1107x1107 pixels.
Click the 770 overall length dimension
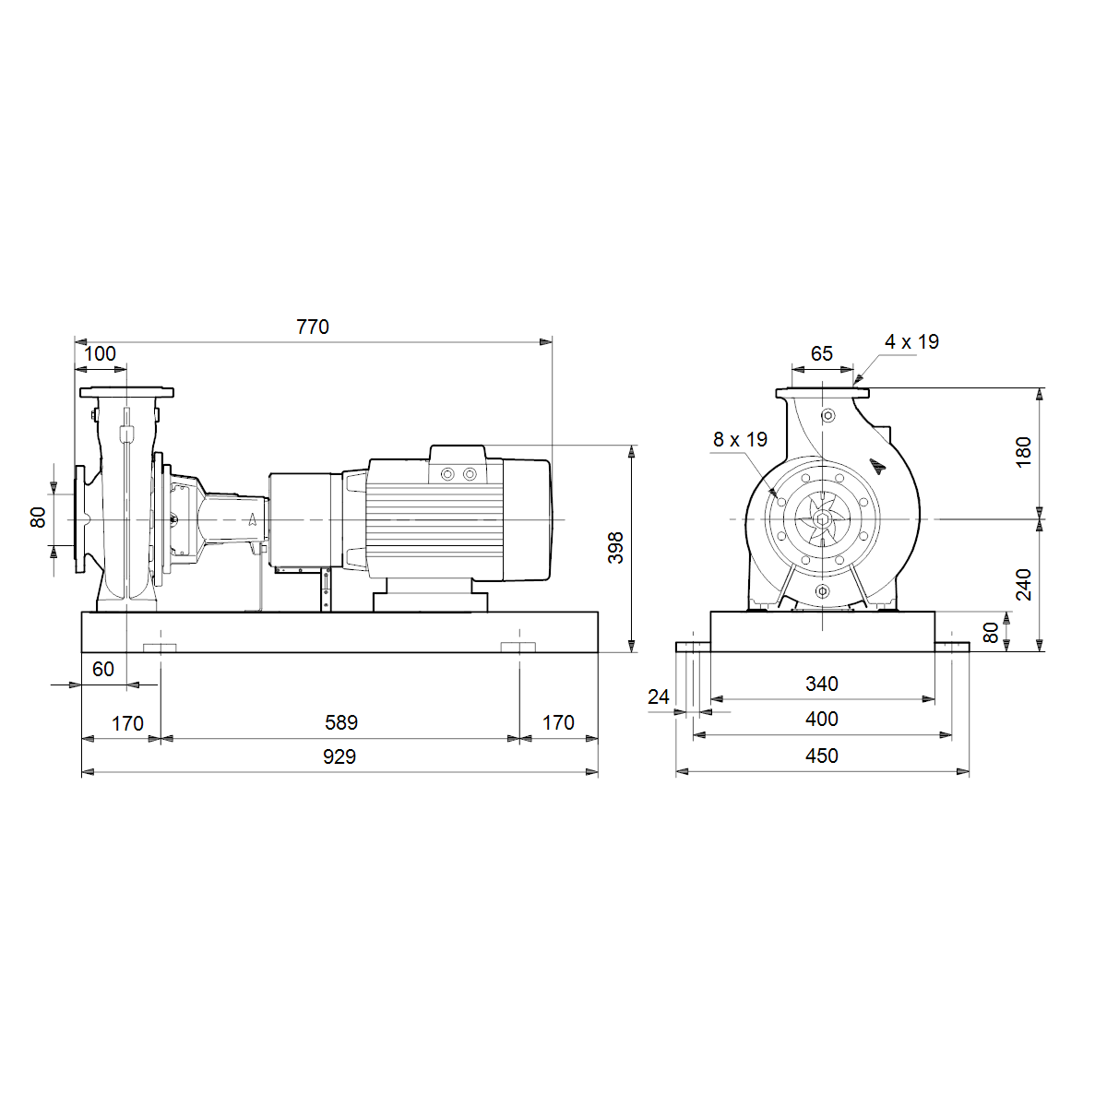point(313,327)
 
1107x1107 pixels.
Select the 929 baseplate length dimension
point(339,756)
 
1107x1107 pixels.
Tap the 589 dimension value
point(341,722)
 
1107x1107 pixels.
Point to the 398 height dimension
point(615,547)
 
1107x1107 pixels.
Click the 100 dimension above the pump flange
point(100,353)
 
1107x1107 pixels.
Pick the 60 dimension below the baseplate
point(102,669)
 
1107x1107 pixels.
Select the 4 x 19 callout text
point(911,342)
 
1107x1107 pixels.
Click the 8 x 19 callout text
point(740,439)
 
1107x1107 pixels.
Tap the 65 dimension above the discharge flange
point(822,353)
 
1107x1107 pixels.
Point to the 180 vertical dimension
point(1023,453)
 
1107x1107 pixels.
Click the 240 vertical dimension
point(1023,585)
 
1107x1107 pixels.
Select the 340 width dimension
point(822,684)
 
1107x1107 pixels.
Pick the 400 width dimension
point(822,719)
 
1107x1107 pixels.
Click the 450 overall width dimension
point(822,756)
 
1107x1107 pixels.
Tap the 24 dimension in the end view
point(659,696)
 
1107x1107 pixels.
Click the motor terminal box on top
point(458,464)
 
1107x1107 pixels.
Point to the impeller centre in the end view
point(823,519)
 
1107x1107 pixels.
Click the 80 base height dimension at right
point(991,633)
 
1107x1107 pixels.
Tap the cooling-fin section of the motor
point(434,519)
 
